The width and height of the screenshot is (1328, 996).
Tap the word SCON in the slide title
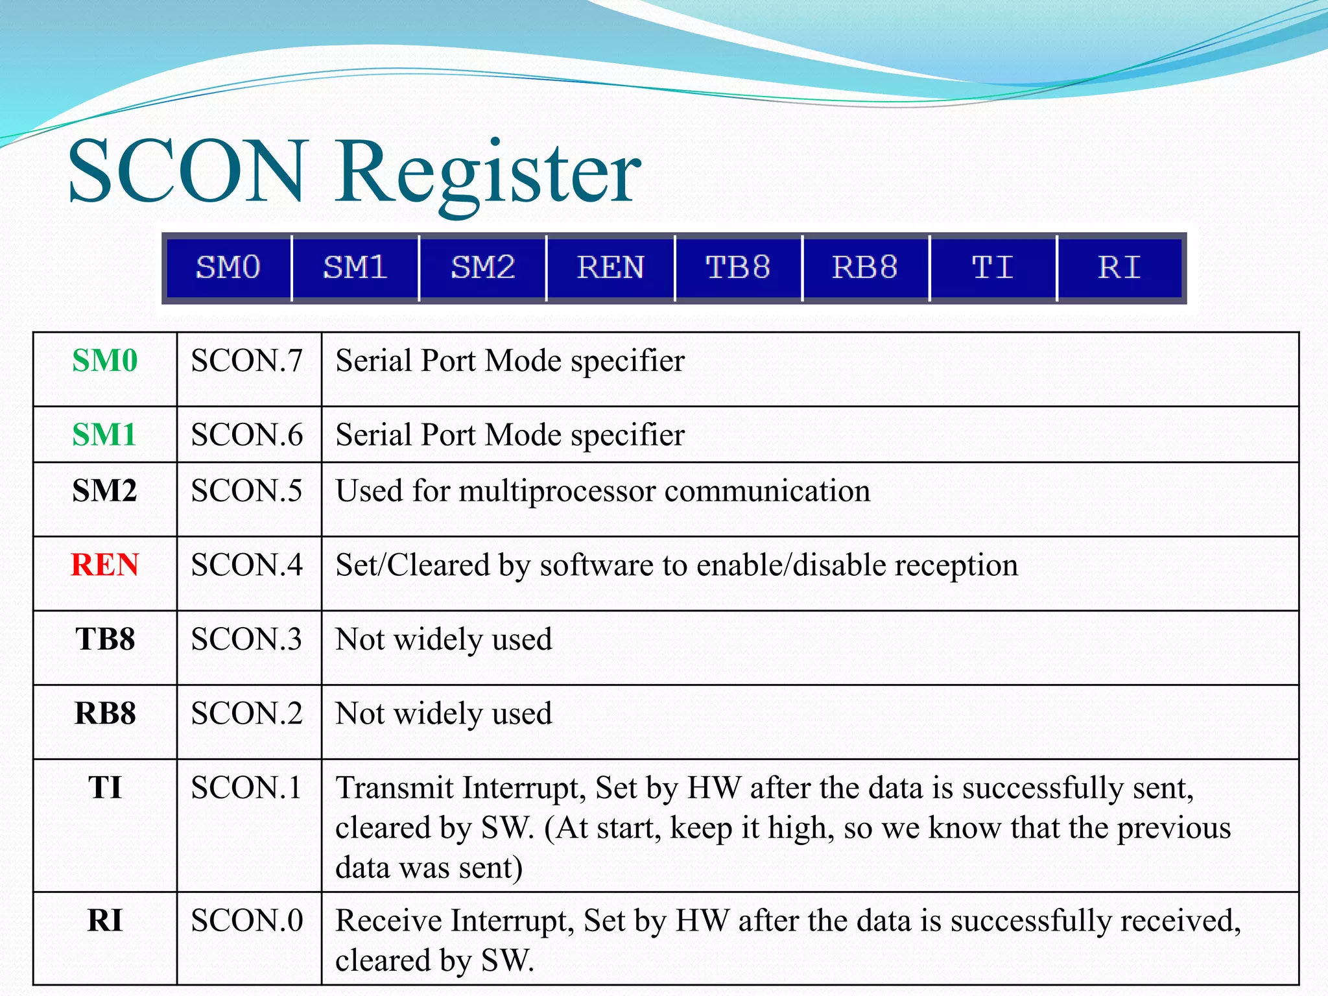pyautogui.click(x=187, y=172)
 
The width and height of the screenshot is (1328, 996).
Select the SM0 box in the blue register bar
pyautogui.click(x=228, y=268)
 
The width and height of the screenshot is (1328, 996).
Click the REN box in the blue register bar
pyautogui.click(x=610, y=268)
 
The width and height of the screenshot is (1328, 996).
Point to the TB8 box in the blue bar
pyautogui.click(x=738, y=268)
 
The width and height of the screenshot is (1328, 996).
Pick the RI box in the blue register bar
pyautogui.click(x=1120, y=268)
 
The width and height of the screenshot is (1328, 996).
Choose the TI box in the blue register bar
pyautogui.click(x=993, y=268)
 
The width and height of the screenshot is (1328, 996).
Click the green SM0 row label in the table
pyautogui.click(x=105, y=361)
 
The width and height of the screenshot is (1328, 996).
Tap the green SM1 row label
pyautogui.click(x=104, y=434)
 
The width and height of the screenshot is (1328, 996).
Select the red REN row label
pyautogui.click(x=105, y=565)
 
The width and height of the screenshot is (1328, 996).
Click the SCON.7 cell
pyautogui.click(x=247, y=361)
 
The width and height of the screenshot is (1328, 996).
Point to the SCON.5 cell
pyautogui.click(x=247, y=491)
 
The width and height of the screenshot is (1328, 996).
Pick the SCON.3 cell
pyautogui.click(x=247, y=639)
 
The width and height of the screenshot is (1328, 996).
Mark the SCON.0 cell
pyautogui.click(x=247, y=921)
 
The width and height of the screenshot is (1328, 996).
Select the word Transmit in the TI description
pyautogui.click(x=395, y=788)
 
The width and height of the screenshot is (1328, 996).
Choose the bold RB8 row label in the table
pyautogui.click(x=105, y=713)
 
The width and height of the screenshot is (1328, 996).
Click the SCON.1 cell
pyautogui.click(x=247, y=788)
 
